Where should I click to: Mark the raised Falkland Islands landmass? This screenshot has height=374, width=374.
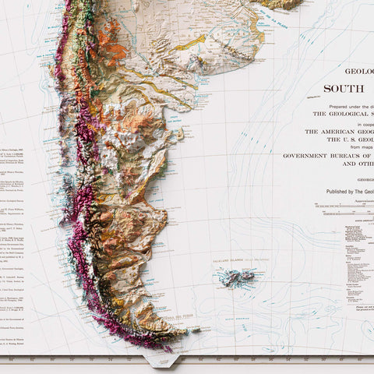(237, 277)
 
